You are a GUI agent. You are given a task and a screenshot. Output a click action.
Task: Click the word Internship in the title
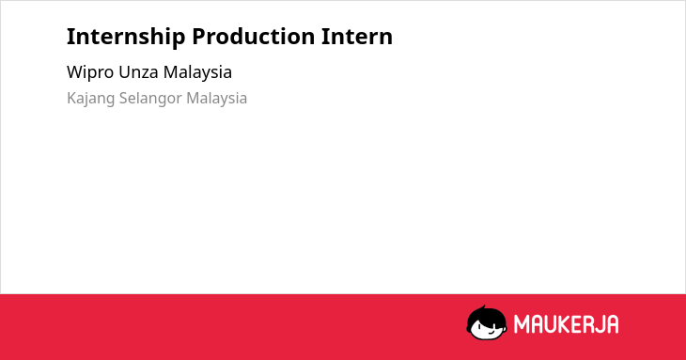[x=126, y=37]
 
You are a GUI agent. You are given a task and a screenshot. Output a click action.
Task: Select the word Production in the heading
[x=254, y=36]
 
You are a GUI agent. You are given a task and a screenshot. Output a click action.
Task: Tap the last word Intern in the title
[x=357, y=36]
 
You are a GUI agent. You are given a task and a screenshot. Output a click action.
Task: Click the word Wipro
[x=90, y=72]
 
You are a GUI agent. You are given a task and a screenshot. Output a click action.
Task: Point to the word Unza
[x=139, y=72]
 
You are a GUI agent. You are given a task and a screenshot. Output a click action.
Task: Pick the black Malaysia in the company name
[x=197, y=72]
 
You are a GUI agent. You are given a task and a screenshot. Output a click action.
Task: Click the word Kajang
[x=90, y=99]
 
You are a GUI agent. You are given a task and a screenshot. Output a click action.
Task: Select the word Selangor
[x=150, y=99]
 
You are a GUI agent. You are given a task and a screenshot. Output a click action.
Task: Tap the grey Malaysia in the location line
[x=216, y=99]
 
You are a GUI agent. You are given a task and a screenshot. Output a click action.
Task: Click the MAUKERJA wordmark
[x=566, y=324]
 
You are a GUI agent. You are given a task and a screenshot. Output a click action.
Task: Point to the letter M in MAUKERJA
[x=521, y=324]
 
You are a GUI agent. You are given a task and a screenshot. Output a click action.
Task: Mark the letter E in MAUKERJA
[x=575, y=324]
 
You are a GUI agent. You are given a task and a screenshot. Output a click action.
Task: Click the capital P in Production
[x=199, y=36]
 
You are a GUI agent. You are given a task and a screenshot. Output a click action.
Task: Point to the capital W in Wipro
[x=75, y=72]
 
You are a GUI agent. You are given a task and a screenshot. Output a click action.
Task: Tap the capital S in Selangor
[x=124, y=99]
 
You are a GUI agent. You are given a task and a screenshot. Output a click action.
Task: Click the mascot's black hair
[x=486, y=315]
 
